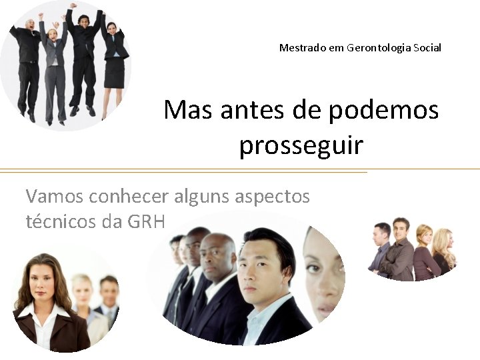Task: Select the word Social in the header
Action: coord(427,48)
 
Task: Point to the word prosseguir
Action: coord(301,145)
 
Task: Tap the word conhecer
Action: coord(131,197)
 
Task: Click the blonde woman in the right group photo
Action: coord(444,251)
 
